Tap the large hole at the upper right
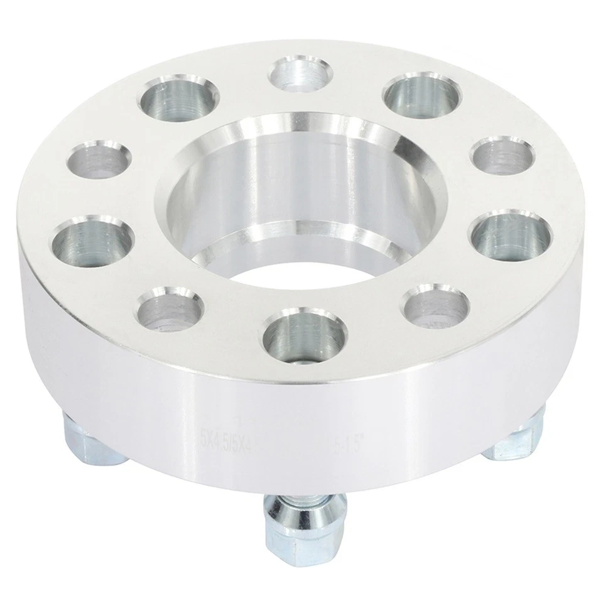click(x=422, y=96)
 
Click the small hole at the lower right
click(x=437, y=306)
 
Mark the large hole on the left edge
click(x=92, y=241)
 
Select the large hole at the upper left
click(x=178, y=99)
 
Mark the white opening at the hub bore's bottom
click(x=301, y=268)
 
